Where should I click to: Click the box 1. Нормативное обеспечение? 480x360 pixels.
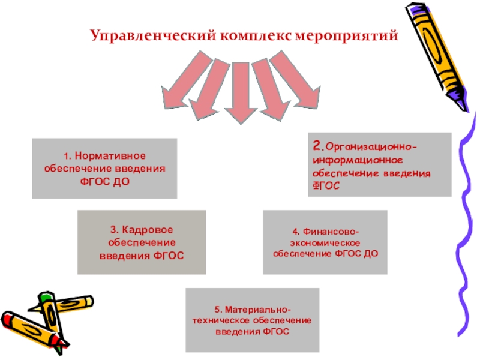104,169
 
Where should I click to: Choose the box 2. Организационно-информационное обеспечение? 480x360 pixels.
379,164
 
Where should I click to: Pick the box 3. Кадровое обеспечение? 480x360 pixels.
142,242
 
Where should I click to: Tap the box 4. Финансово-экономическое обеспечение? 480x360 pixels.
326,242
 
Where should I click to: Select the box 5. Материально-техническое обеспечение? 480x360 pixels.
252,320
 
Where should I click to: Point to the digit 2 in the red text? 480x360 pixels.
316,146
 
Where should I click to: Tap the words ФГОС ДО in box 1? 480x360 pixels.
104,181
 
